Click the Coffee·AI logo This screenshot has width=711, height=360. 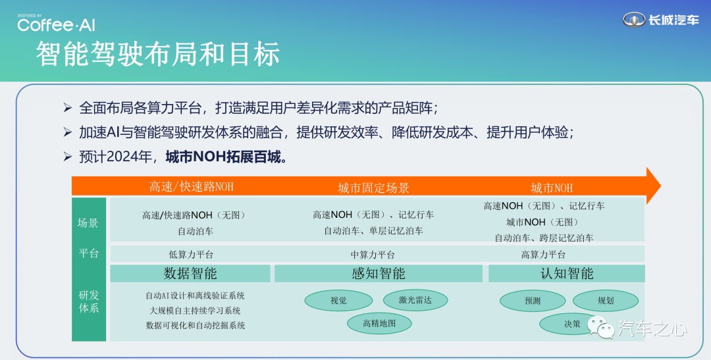pos(56,23)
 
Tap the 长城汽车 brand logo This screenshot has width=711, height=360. pos(661,20)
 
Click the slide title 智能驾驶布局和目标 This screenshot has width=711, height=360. pos(158,54)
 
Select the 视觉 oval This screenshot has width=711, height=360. pos(338,300)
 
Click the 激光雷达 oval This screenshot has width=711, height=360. pos(415,299)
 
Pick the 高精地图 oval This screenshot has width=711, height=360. pos(379,323)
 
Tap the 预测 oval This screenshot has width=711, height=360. pos(533,301)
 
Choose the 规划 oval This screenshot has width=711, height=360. pos(606,300)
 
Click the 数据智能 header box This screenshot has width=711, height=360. pos(190,273)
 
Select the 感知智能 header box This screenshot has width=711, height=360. pos(378,273)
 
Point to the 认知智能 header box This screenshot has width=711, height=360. pos(566,273)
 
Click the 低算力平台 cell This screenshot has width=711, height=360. pos(191,254)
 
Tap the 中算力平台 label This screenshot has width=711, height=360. pos(373,254)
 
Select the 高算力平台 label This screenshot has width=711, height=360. pos(543,254)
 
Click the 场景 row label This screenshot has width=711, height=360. pos(88,222)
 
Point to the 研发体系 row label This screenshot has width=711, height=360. pos(89,301)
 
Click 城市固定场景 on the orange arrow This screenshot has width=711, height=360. pos(374,188)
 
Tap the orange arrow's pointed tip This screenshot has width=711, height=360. pos(660,186)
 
